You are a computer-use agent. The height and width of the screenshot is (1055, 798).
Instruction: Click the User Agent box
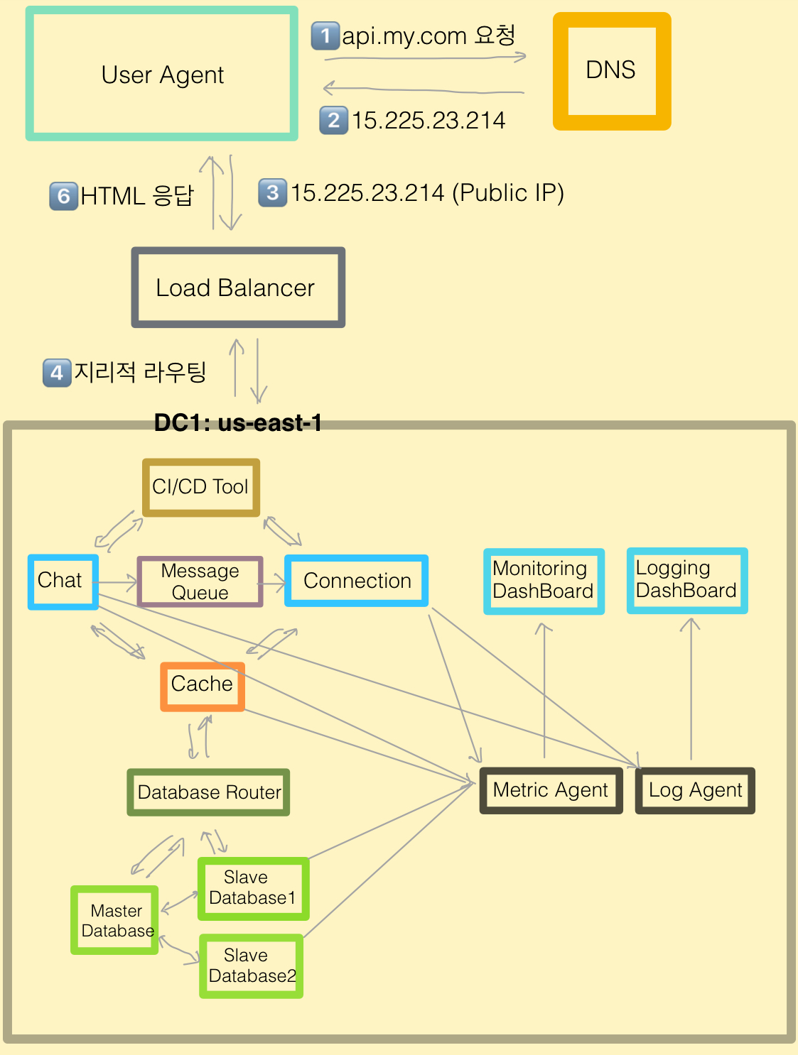click(162, 74)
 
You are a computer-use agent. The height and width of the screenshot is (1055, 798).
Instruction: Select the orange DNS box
click(611, 71)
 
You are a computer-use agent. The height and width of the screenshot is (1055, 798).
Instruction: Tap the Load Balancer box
click(238, 288)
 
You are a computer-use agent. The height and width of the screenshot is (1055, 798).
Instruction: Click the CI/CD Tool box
click(201, 487)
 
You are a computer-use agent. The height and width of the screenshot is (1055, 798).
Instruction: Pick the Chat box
click(63, 581)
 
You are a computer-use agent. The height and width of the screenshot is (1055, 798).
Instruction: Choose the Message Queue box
click(200, 581)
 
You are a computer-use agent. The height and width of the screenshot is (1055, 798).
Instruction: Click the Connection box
click(356, 581)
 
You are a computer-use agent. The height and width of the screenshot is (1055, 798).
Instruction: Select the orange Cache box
click(203, 686)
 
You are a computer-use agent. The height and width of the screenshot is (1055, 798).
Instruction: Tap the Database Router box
click(208, 792)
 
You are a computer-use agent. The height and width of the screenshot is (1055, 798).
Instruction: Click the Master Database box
click(115, 920)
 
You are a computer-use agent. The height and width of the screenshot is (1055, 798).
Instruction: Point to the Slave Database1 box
click(253, 888)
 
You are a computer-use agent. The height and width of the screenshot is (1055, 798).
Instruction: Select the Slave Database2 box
click(252, 966)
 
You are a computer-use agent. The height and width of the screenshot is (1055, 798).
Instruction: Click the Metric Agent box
click(551, 790)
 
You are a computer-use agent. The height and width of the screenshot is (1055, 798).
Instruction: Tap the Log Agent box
click(695, 790)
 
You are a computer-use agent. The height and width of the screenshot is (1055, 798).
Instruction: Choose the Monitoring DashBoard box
click(544, 581)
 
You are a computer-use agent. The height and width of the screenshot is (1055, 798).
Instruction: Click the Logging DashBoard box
click(687, 580)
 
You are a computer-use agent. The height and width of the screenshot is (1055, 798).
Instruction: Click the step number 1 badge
click(325, 35)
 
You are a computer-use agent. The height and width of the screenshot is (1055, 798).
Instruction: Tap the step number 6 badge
click(63, 196)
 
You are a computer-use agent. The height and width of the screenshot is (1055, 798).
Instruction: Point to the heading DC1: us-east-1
click(238, 423)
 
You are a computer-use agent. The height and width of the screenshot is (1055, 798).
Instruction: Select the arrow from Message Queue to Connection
click(274, 584)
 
